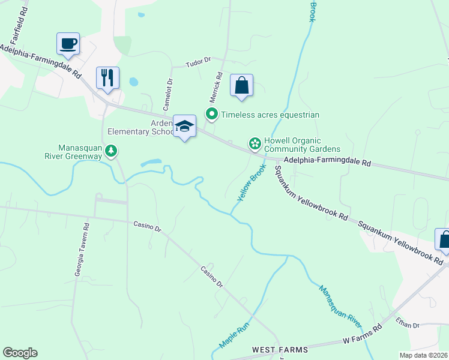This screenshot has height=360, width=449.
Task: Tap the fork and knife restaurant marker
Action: (107, 77)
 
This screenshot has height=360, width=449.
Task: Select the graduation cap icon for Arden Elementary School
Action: (185, 126)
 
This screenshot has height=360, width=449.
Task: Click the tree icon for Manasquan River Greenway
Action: (111, 152)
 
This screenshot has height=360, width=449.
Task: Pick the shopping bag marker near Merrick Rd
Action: (241, 85)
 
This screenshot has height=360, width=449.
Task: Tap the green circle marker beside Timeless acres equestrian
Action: (211, 113)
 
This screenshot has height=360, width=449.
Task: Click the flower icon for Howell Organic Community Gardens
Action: (255, 144)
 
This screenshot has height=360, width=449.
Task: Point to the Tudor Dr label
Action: (199, 61)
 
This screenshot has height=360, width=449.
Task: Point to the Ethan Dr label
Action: (408, 324)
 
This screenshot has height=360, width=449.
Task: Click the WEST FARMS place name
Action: (280, 350)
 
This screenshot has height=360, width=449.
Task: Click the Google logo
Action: (20, 353)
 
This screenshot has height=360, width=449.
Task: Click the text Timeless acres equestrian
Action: (270, 115)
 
